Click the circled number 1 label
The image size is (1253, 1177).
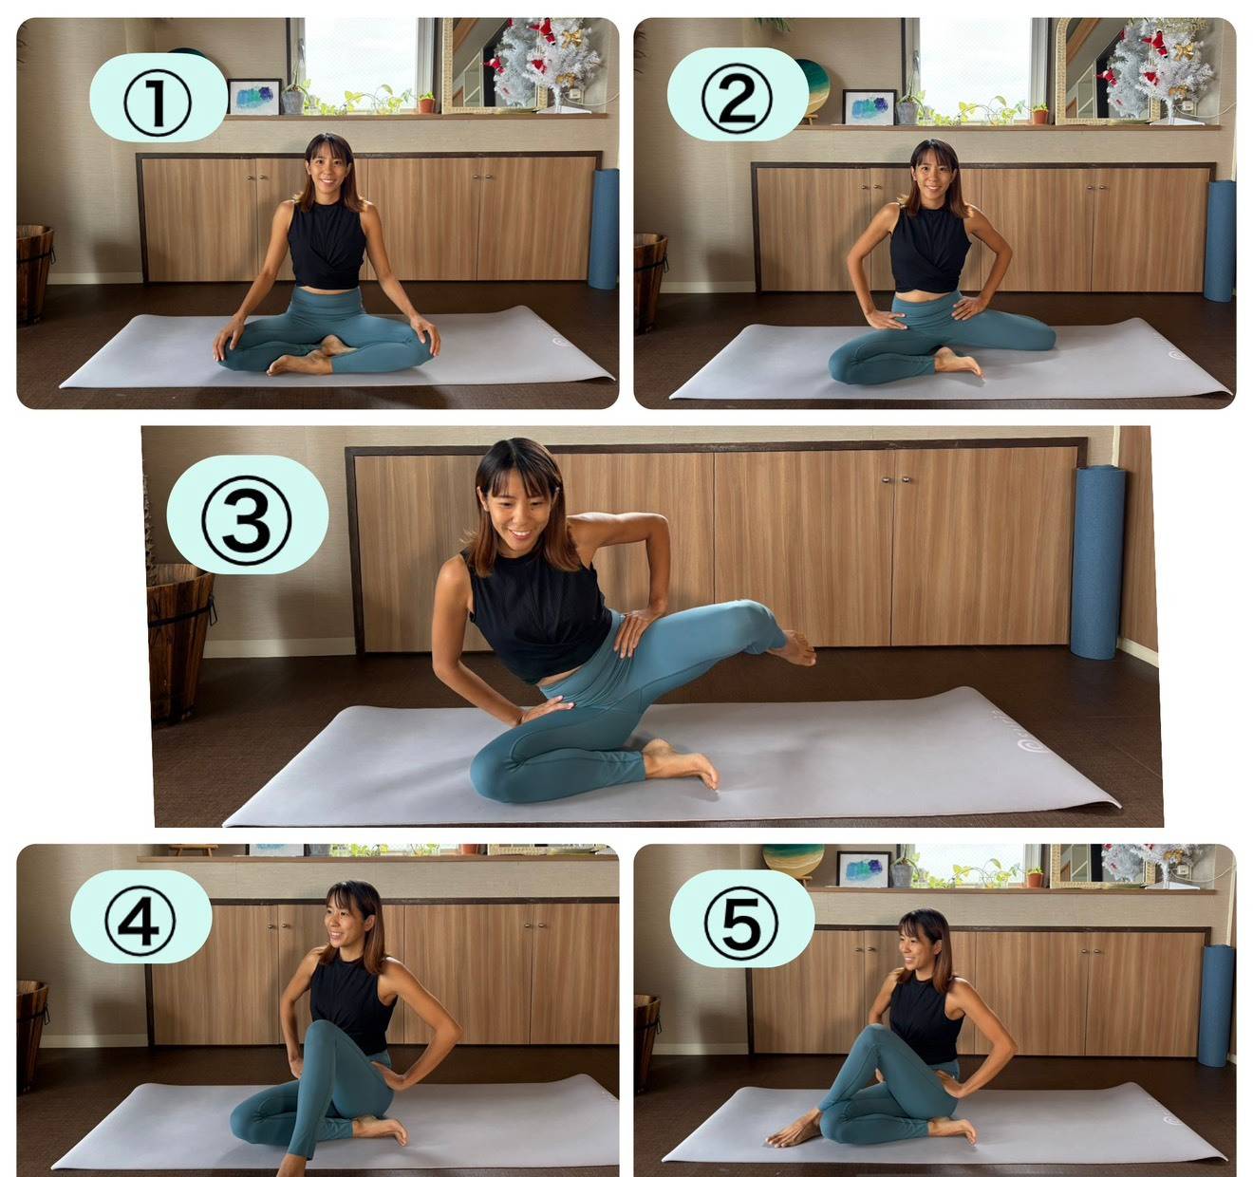click(157, 103)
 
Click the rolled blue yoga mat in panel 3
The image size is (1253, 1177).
click(1097, 562)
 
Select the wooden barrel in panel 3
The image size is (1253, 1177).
click(179, 643)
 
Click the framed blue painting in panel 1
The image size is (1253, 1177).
click(253, 97)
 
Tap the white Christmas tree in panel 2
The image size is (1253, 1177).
click(1158, 69)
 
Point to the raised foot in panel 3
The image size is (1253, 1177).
click(794, 647)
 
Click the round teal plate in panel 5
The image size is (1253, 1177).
click(793, 860)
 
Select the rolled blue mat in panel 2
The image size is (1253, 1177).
click(1220, 241)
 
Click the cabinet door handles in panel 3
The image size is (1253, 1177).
click(896, 479)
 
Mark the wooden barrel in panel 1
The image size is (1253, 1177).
click(35, 274)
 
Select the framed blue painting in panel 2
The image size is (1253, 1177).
click(869, 106)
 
